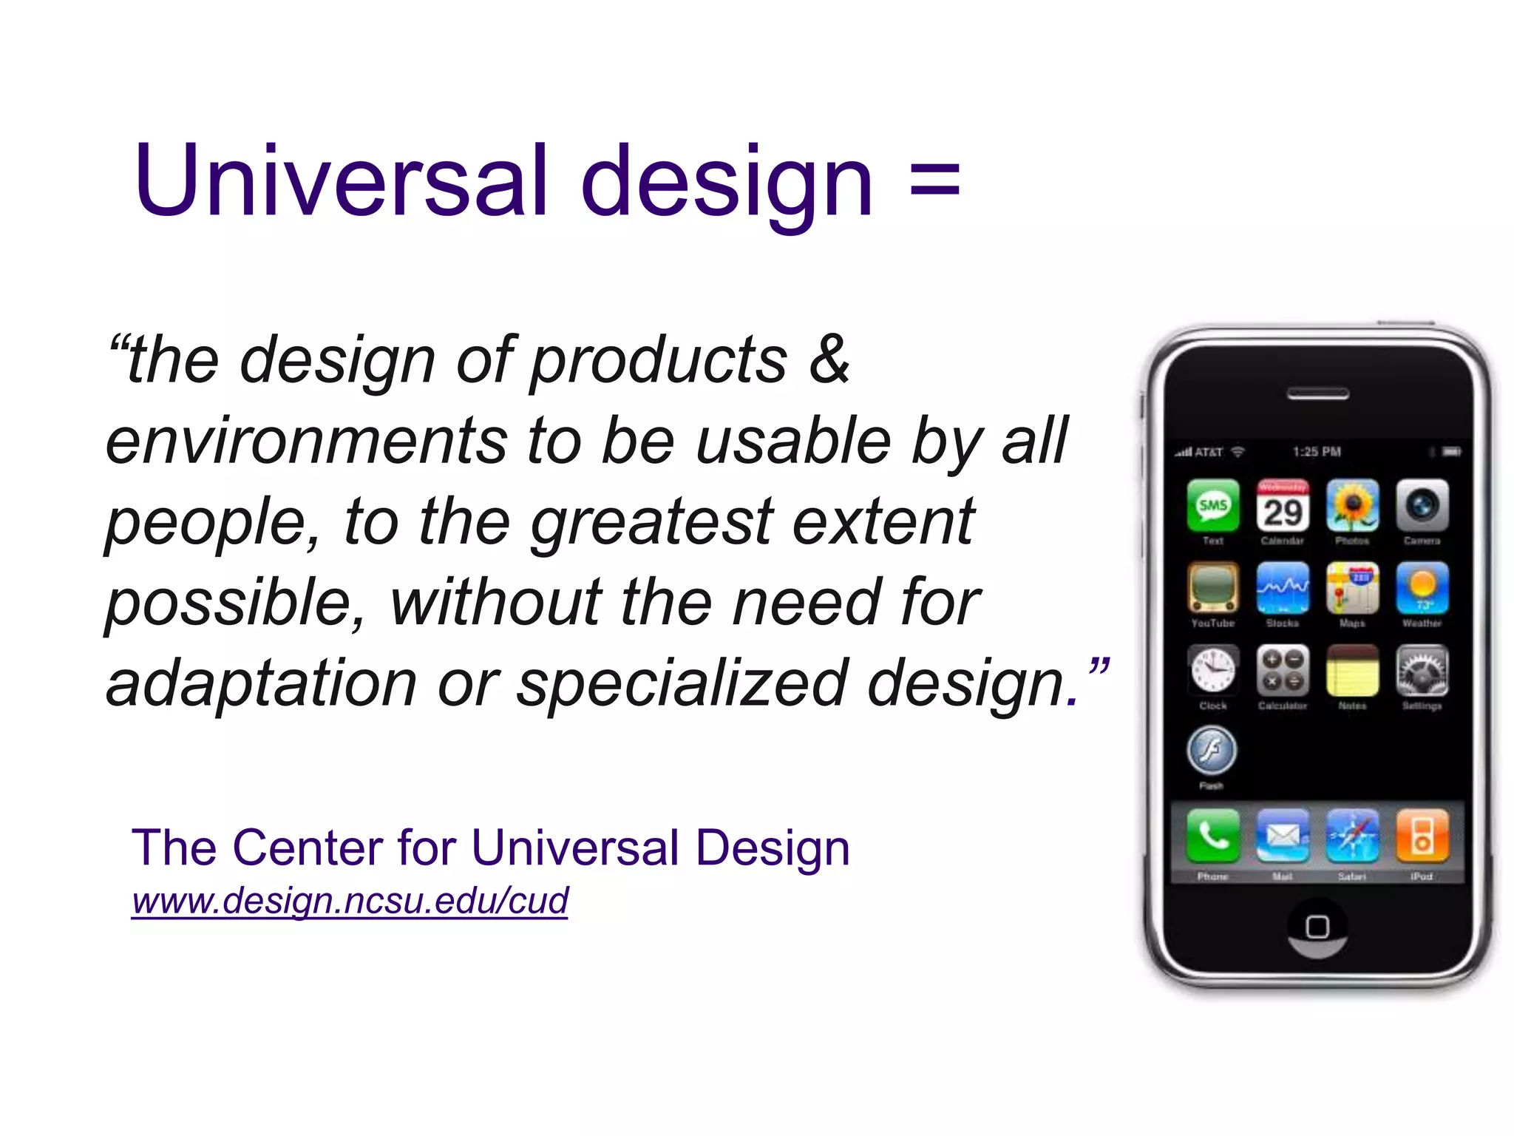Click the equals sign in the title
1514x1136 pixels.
[x=935, y=181]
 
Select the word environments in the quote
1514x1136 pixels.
[x=306, y=441]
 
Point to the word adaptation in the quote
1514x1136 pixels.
[x=261, y=683]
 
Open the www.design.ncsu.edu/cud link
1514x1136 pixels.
[x=350, y=901]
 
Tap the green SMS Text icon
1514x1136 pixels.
[x=1213, y=506]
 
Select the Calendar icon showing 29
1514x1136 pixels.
[x=1283, y=506]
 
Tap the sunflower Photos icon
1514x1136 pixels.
[x=1352, y=506]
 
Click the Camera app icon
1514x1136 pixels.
[x=1422, y=506]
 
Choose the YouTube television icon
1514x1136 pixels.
[x=1213, y=589]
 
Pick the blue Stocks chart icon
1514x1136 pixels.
[x=1283, y=589]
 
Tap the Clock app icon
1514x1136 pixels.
[x=1213, y=671]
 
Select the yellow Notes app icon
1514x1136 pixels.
[x=1352, y=671]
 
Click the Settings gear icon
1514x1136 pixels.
[x=1422, y=671]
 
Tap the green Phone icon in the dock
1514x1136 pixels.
[x=1213, y=836]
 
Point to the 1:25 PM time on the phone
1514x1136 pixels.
[x=1317, y=452]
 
